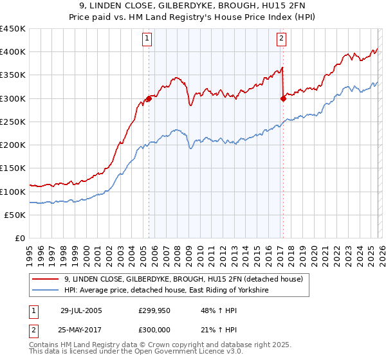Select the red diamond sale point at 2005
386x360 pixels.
(149, 98)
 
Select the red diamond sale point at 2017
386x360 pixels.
(283, 98)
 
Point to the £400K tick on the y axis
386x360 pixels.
(13, 52)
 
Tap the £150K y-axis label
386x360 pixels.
(13, 168)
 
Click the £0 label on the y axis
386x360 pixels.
(19, 238)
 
